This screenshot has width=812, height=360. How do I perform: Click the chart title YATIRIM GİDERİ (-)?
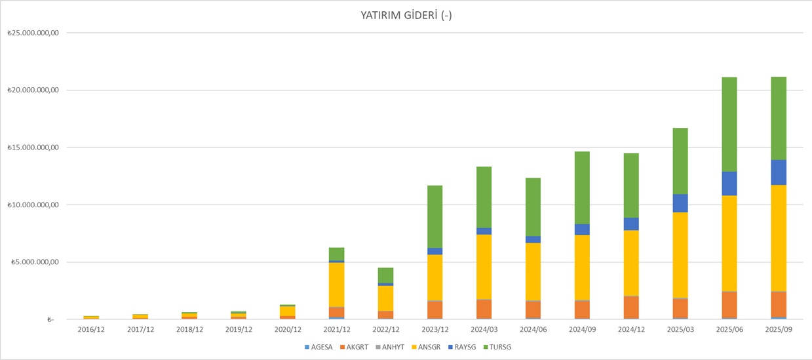406,15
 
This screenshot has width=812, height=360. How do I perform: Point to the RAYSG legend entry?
463,346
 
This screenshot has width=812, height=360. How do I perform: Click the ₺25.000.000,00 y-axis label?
33,33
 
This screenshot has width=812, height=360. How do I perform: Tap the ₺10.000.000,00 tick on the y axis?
33,205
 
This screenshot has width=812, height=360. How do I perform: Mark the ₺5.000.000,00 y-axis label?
34,262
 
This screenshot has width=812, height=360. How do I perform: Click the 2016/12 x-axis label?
91,330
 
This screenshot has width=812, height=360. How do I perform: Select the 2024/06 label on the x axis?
533,330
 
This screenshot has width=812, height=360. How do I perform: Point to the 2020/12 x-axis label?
288,330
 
